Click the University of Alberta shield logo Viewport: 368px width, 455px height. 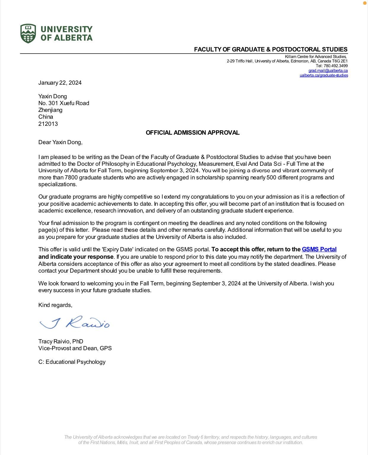28,33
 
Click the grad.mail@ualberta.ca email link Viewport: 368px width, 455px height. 328,71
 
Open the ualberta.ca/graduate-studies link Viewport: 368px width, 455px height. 324,75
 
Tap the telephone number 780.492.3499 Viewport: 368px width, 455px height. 336,66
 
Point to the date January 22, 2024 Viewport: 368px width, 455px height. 60,83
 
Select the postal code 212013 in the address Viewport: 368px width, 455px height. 48,124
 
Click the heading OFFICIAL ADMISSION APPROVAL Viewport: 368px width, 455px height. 193,133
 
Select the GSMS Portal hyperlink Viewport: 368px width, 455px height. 319,250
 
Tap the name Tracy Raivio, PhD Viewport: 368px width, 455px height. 61,342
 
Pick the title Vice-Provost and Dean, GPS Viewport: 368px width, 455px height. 75,348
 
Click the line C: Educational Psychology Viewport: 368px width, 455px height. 72,362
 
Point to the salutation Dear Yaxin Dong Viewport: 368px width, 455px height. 60,142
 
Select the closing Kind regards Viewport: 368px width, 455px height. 55,305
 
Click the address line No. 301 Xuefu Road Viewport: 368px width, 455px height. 64,103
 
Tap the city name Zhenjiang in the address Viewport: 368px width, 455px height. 50,110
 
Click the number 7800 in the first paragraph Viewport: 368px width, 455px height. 71,178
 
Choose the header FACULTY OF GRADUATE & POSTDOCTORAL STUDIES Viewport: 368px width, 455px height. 271,49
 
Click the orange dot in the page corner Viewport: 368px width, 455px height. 365,3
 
